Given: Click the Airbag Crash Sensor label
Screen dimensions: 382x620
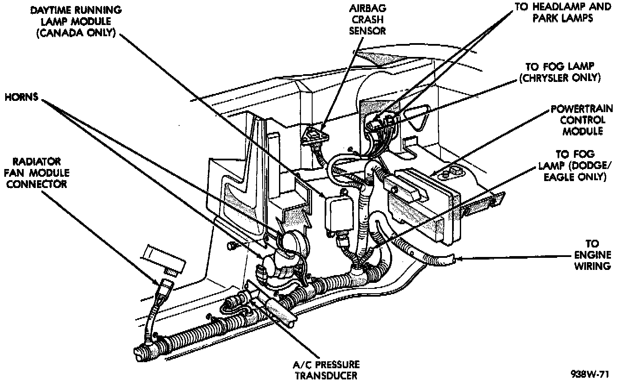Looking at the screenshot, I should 367,19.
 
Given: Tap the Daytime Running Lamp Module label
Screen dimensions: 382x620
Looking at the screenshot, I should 76,21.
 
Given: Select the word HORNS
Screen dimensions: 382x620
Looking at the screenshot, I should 21,97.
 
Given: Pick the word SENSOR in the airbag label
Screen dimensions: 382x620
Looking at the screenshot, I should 367,31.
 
